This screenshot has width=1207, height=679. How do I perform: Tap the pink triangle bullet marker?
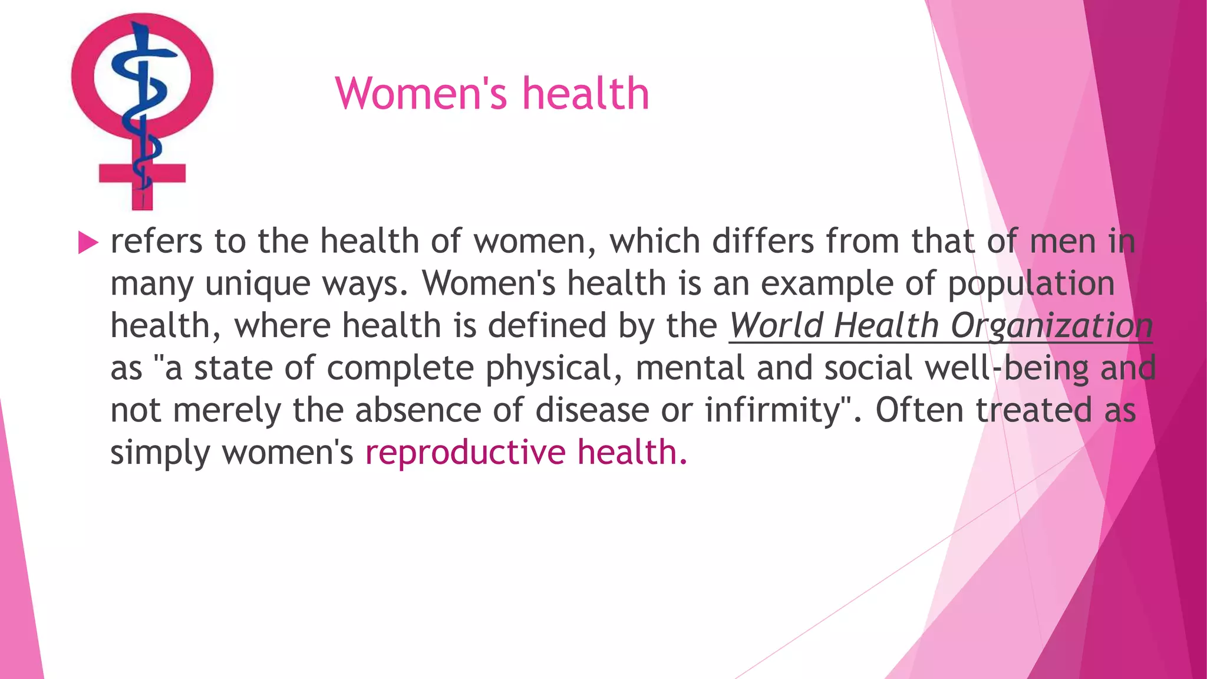[x=88, y=242]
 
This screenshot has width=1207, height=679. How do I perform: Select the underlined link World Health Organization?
[x=940, y=325]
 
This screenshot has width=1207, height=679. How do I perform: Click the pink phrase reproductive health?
[x=526, y=452]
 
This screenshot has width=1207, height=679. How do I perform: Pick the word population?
[x=1031, y=284]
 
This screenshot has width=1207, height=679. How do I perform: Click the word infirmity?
[x=778, y=410]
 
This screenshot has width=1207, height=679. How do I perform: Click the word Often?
[x=919, y=410]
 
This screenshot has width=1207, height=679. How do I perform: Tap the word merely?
[x=227, y=410]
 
